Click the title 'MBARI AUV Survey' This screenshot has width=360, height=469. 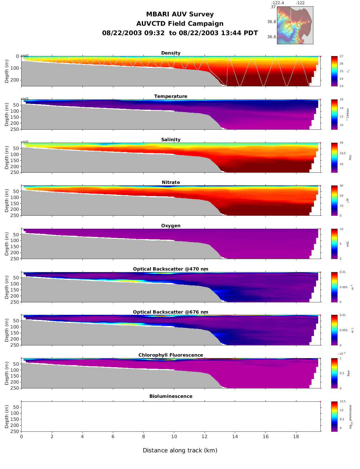coord(180,14)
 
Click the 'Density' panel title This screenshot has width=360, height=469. coord(171,53)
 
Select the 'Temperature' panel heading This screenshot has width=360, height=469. coord(171,96)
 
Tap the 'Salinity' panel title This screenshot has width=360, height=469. coord(171,140)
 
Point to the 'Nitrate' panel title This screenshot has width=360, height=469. coord(171,182)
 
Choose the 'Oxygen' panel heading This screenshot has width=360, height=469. coord(171,226)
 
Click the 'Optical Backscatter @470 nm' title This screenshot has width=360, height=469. coord(171,269)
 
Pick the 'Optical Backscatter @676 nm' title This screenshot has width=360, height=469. coord(171,312)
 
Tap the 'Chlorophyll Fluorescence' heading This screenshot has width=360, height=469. coord(171,355)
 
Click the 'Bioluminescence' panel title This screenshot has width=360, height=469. coord(171,396)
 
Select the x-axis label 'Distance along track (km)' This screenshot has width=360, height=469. coord(180,451)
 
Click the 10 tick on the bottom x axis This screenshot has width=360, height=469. coord(174,437)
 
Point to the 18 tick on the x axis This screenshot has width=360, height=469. coord(296,437)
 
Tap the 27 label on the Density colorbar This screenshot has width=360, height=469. coord(341,56)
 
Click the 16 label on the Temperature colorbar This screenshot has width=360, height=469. coord(341,100)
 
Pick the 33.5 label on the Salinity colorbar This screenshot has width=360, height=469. coord(342,153)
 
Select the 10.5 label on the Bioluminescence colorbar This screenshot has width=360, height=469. coord(342,401)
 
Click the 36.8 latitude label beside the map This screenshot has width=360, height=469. coord(272,22)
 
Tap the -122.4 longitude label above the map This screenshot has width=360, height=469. coord(278,3)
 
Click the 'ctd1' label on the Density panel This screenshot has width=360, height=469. coord(25,56)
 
